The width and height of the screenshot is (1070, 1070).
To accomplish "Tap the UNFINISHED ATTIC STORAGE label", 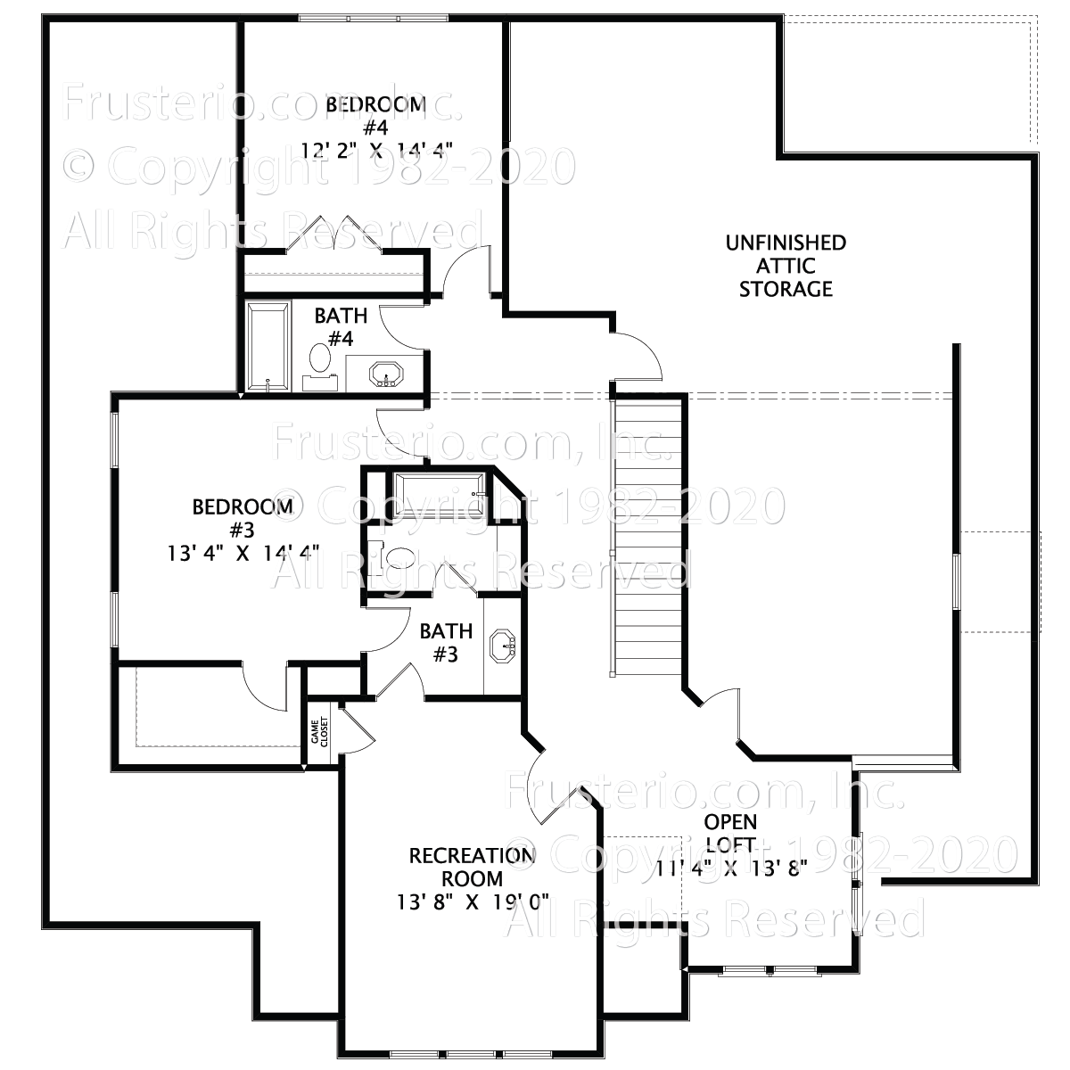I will pyautogui.click(x=786, y=266).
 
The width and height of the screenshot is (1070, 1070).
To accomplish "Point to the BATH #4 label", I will pyautogui.click(x=340, y=326).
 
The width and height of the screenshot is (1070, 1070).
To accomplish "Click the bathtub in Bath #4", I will pyautogui.click(x=268, y=347).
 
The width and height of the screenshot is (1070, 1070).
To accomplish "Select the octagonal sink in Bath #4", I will pyautogui.click(x=386, y=374).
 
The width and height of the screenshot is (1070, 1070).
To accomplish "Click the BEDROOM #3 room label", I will pyautogui.click(x=243, y=518).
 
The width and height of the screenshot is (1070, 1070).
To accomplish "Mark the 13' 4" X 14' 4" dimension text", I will pyautogui.click(x=243, y=553).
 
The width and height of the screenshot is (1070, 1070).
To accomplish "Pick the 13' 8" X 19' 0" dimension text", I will pyautogui.click(x=473, y=901).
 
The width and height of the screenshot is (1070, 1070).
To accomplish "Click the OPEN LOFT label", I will pyautogui.click(x=730, y=832).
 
